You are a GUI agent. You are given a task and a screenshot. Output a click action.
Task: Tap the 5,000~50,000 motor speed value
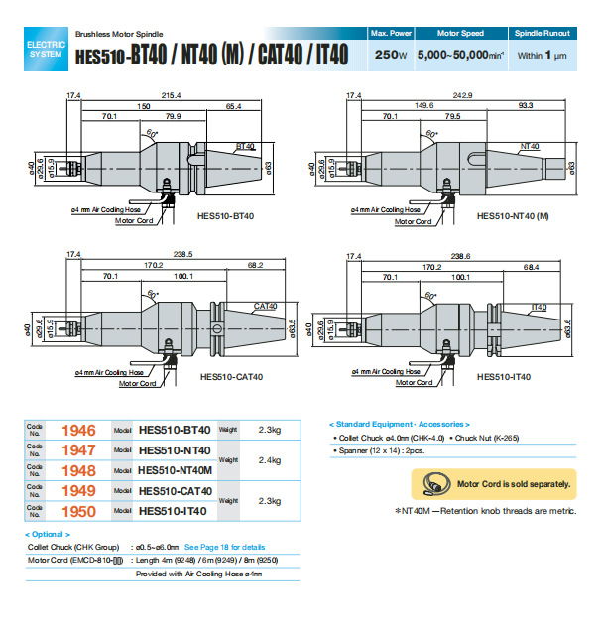click(457, 55)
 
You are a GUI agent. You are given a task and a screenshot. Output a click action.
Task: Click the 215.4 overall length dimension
click(172, 94)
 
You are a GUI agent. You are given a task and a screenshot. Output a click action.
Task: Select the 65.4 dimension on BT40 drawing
click(234, 104)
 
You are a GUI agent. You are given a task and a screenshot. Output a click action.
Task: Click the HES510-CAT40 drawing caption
click(228, 377)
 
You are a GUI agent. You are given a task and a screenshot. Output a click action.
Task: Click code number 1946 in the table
click(78, 431)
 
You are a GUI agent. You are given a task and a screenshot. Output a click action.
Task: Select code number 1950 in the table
click(78, 511)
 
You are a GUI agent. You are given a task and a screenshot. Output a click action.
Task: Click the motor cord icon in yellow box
click(433, 484)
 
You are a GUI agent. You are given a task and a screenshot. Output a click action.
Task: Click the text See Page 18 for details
click(225, 547)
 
